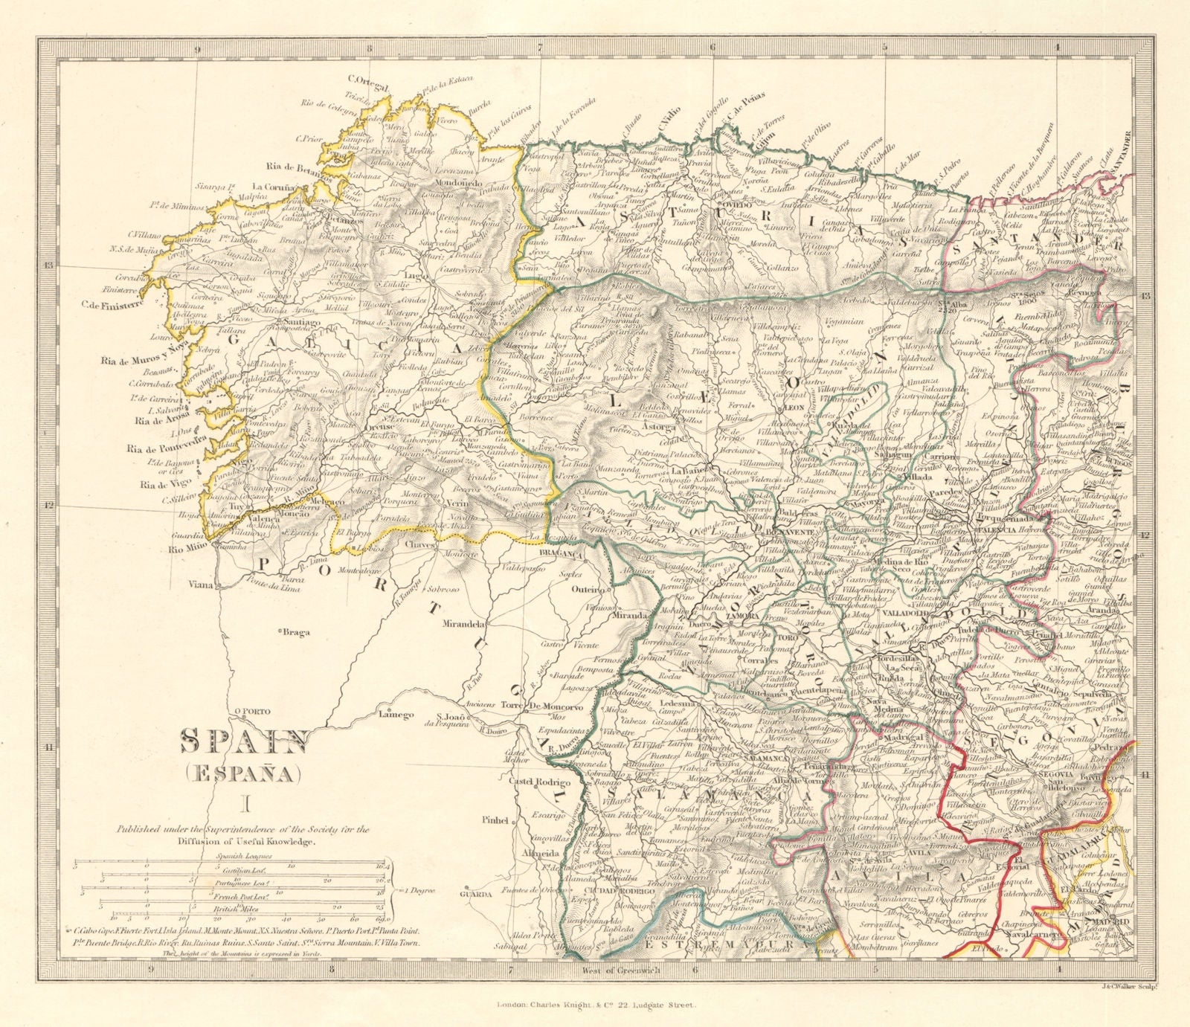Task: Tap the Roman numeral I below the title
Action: pos(245,802)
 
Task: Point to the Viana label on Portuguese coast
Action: pos(204,585)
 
